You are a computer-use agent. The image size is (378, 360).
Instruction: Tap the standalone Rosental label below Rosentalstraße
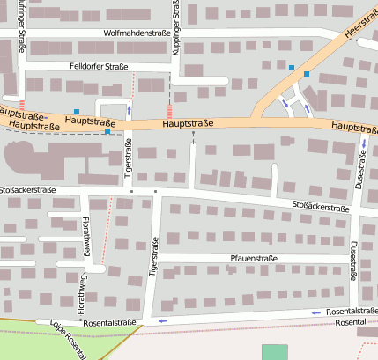click(x=350, y=323)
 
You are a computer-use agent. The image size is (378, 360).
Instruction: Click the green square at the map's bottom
click(x=275, y=352)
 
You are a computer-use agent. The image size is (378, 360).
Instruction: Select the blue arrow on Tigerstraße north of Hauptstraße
click(x=130, y=110)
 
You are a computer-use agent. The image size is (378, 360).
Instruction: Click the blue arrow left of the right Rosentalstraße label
click(x=315, y=312)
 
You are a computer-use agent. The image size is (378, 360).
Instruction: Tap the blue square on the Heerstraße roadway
click(x=307, y=74)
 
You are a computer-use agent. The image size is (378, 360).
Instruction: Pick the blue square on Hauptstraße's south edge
click(x=107, y=131)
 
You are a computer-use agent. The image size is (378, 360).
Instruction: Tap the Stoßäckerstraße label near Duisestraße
click(x=321, y=207)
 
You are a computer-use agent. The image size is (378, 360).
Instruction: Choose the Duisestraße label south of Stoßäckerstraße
click(x=353, y=261)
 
